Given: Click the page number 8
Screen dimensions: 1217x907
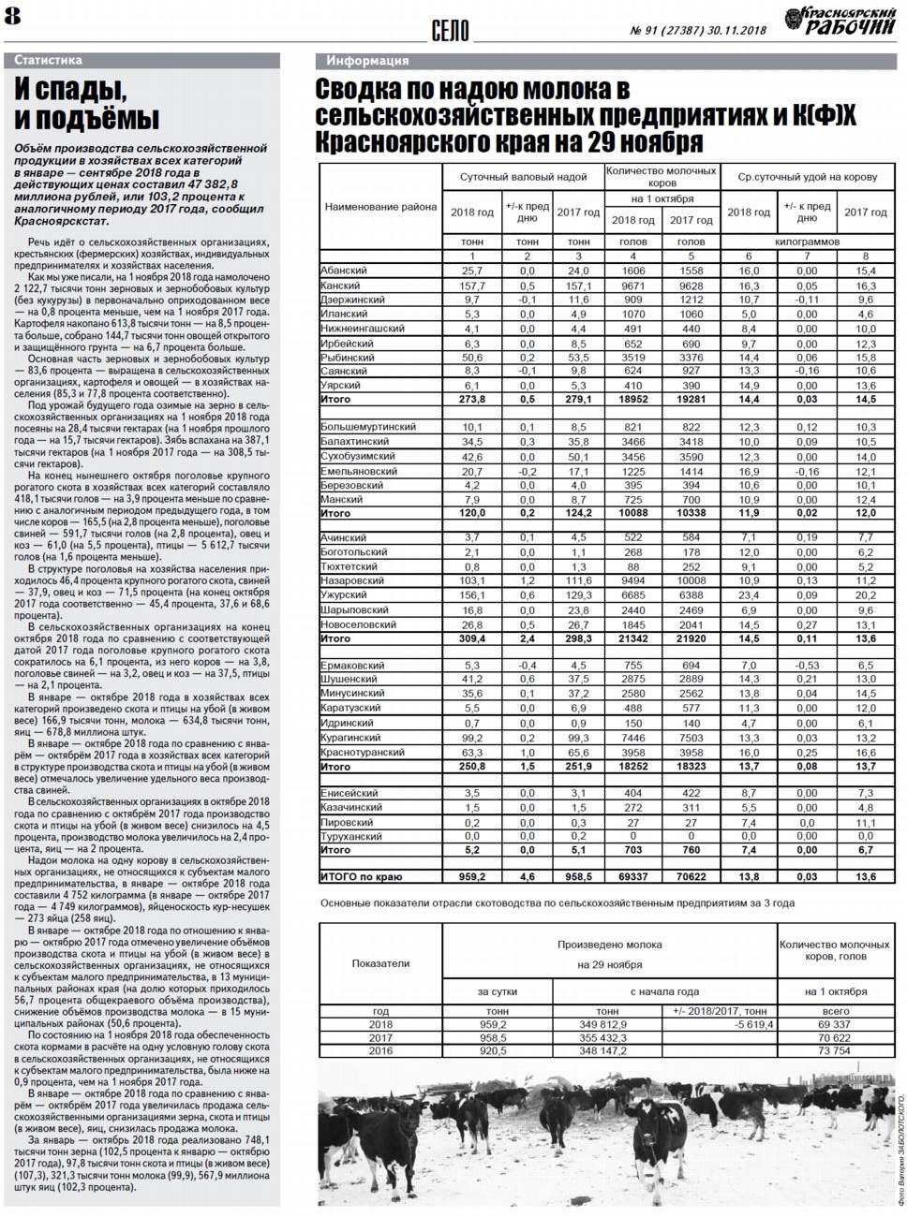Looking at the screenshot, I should [x=13, y=16].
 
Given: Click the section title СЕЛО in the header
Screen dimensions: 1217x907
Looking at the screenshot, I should [x=450, y=31].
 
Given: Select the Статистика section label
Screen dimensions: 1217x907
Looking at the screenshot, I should [x=49, y=60].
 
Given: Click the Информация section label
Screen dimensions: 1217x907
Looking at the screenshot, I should [x=367, y=61].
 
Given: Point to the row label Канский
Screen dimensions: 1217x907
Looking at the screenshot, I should [x=340, y=286].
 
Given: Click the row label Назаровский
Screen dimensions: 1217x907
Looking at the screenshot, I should [x=352, y=580].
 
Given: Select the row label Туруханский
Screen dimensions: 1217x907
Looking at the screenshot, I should [x=351, y=836].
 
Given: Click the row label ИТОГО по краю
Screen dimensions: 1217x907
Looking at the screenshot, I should [x=361, y=877].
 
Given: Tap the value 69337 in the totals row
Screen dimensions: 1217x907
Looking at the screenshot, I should [x=633, y=877].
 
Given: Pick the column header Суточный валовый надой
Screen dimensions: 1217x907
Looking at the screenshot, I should [x=523, y=176].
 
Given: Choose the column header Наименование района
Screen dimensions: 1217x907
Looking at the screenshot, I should [x=380, y=206].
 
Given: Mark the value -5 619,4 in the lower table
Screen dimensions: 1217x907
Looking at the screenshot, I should [x=754, y=1024].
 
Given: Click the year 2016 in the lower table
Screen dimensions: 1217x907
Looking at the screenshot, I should [x=380, y=1050].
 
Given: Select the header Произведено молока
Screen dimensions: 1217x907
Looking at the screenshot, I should [x=609, y=945].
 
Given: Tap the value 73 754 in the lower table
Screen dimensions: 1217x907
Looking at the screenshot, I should [x=835, y=1050].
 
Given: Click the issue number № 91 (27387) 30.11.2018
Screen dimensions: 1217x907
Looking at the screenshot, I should [x=698, y=30].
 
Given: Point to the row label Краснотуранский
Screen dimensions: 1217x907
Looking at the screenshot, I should [x=363, y=752].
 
